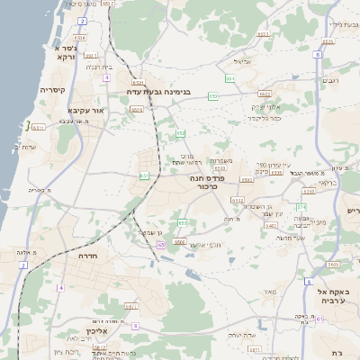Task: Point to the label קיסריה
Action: point(52,90)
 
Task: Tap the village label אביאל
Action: point(242,62)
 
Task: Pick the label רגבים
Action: point(330,80)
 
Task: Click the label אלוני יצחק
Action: point(267,105)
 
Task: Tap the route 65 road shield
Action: point(160,244)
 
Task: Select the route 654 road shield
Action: point(230,78)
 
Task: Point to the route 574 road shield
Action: point(302,206)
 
